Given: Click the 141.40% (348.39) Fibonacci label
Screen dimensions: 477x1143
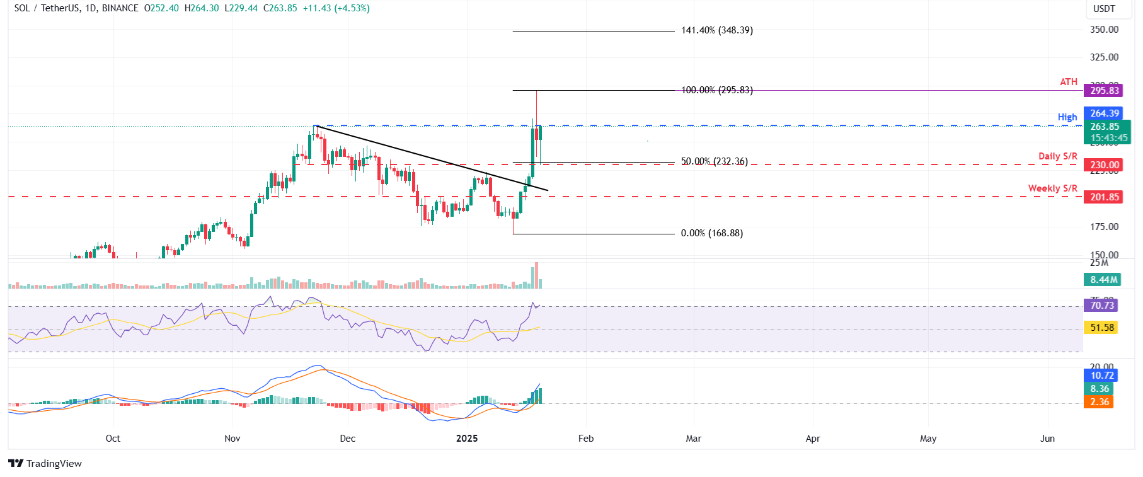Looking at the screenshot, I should coord(716,30).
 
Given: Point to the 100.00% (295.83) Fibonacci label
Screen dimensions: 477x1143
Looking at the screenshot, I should coord(716,90).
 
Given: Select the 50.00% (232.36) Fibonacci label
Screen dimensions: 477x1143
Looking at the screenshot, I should coord(714,161).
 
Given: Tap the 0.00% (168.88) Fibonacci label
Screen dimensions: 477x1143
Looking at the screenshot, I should coord(711,233).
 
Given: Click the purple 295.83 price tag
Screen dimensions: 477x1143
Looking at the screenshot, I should coord(1105,91).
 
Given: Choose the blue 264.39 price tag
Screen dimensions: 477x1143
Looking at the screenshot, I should coord(1105,113).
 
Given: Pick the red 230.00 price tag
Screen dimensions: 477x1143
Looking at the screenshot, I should coord(1105,165).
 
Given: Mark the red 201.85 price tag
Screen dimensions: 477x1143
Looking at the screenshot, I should coord(1105,197).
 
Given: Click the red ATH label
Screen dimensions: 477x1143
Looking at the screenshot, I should coord(1069,82).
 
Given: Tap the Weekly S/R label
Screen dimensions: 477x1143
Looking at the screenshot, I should coord(1052,188).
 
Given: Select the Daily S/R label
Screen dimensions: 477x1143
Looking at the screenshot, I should coord(1057,156).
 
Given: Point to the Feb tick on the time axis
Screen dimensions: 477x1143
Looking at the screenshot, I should coord(586,439).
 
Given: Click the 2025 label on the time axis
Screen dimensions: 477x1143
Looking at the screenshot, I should coord(467,439).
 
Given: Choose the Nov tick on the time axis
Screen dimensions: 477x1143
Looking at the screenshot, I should coord(233,439).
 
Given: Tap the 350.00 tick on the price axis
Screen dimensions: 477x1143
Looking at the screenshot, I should coord(1104,30).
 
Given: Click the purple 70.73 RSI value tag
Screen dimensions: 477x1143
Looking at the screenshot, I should coord(1102,306).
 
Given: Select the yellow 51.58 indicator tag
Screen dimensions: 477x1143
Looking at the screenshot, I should coord(1102,328).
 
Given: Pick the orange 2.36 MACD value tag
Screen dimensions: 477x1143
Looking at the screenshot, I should coord(1100,402).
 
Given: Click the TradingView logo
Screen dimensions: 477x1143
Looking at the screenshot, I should coord(45,464).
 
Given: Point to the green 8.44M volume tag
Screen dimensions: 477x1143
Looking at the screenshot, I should coord(1104,280).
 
